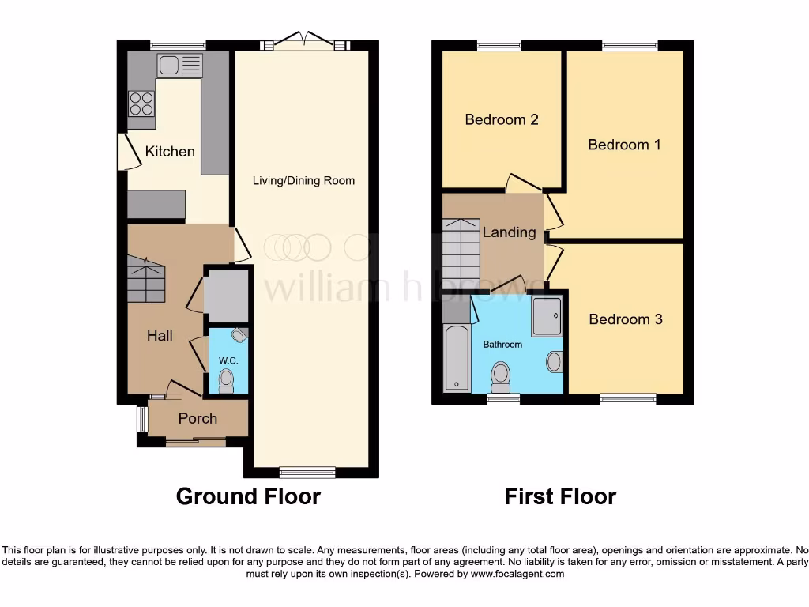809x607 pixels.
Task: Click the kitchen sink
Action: [x=179, y=65]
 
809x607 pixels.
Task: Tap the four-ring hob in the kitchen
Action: [x=141, y=104]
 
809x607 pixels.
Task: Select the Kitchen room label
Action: [x=170, y=151]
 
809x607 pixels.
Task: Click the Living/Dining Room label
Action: [x=303, y=181]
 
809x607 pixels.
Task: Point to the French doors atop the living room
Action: [x=304, y=42]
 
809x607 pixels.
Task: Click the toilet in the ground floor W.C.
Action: [x=227, y=382]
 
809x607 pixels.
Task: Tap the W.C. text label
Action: [x=228, y=360]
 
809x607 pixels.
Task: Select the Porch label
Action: [x=197, y=418]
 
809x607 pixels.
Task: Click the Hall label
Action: [x=160, y=336]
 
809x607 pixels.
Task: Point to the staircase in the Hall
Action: [x=146, y=280]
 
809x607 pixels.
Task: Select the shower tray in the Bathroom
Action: [x=546, y=316]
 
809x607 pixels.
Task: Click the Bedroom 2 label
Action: [x=501, y=120]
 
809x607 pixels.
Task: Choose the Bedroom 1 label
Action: [x=624, y=145]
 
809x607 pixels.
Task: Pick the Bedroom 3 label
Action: [x=625, y=319]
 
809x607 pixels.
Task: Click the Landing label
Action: [x=509, y=232]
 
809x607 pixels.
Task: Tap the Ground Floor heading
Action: [x=247, y=496]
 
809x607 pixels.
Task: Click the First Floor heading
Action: [x=560, y=496]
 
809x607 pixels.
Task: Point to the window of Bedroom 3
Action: [x=627, y=399]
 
